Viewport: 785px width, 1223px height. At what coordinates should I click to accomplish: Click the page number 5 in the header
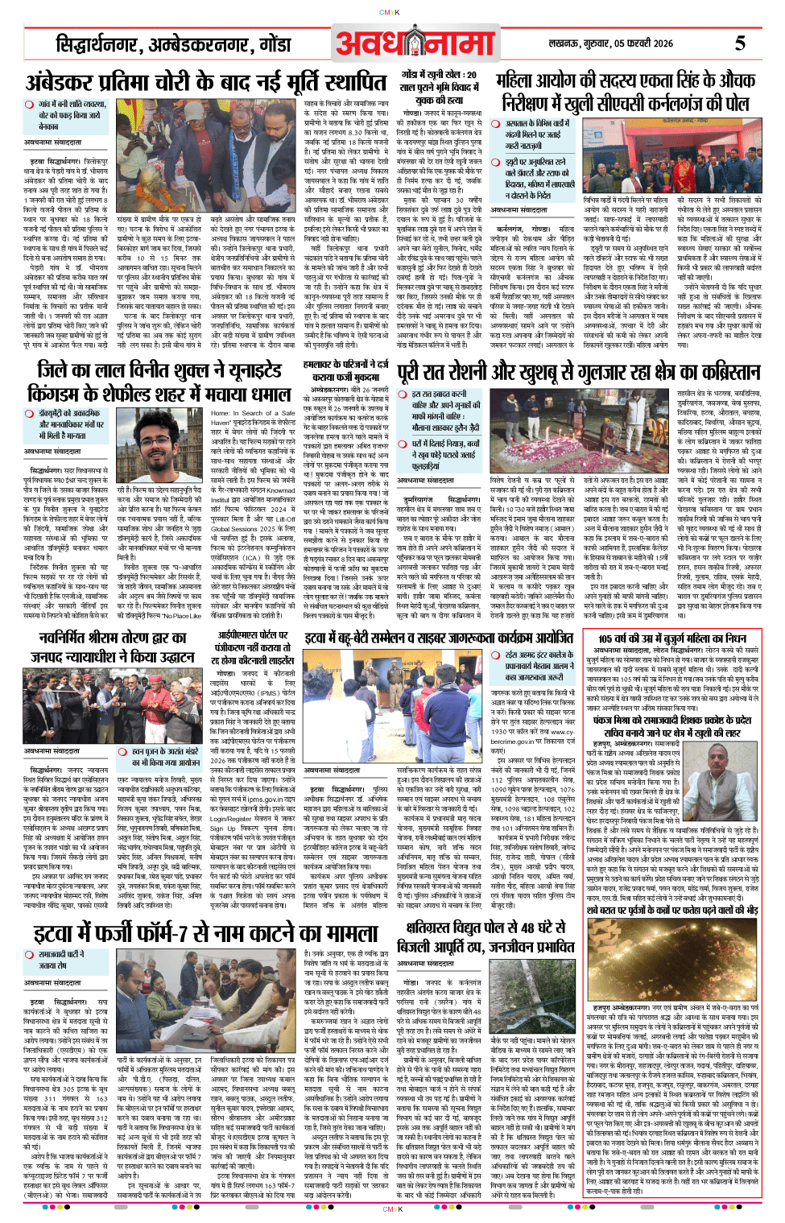tap(739, 43)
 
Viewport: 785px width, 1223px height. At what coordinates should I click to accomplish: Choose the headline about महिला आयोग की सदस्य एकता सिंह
tap(626, 92)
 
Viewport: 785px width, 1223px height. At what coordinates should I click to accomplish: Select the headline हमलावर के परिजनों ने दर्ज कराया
tap(345, 370)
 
